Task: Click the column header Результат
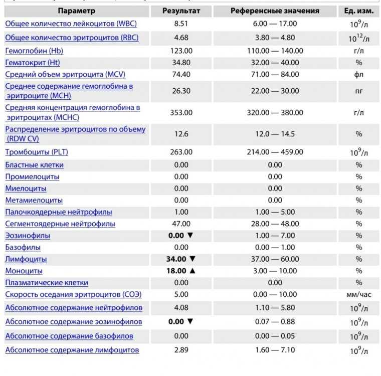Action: [x=181, y=11]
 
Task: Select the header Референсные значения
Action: [x=275, y=11]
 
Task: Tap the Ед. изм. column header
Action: [x=359, y=11]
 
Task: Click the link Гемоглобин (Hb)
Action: [x=34, y=51]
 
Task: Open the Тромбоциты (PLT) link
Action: [x=37, y=152]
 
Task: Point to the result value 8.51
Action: [x=181, y=24]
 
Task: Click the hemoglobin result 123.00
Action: [x=181, y=51]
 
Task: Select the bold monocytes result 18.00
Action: [x=176, y=271]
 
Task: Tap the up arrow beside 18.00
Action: [x=192, y=271]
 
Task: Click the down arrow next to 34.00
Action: [x=192, y=259]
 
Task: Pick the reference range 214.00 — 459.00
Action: [x=275, y=152]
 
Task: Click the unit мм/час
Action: [x=359, y=294]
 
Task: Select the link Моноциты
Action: [x=24, y=271]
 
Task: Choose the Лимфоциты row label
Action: [x=26, y=259]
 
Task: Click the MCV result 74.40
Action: [x=181, y=74]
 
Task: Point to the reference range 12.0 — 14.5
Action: [x=275, y=134]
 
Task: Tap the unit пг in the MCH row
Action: [x=359, y=91]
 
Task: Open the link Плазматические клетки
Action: [x=47, y=282]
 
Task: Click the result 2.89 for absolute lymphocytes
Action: [x=181, y=350]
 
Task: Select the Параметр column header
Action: [x=77, y=11]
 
